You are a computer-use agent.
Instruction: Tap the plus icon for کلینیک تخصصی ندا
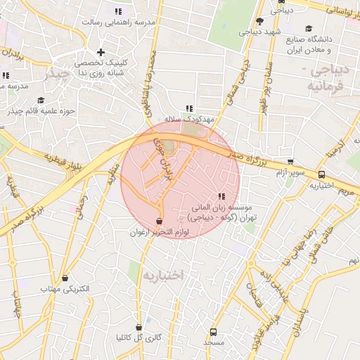tap(101, 52)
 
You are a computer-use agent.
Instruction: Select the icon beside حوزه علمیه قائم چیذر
tap(40, 101)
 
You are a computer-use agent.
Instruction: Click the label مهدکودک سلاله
tap(188, 120)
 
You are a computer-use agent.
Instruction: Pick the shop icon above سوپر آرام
tap(290, 162)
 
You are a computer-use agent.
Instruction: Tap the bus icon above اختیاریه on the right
tap(321, 174)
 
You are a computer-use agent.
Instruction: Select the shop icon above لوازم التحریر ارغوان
tap(160, 221)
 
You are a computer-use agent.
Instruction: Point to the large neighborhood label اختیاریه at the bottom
tap(162, 275)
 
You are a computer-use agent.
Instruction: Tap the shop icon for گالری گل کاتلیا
tap(139, 327)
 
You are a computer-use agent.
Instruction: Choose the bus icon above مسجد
tap(213, 331)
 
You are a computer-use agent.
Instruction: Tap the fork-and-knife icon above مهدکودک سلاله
tap(188, 108)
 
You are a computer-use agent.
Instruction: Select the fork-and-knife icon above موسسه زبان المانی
tap(221, 196)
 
